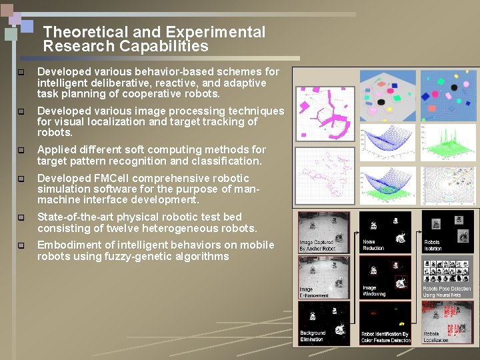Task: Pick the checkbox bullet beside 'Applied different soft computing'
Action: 21,151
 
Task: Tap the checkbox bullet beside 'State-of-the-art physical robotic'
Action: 21,218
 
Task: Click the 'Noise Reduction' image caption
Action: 373,245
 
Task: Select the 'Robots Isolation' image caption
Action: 433,245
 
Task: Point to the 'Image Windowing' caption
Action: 374,291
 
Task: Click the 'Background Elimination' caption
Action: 313,336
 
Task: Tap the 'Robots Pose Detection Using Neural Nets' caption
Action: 447,291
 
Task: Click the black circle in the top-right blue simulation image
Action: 454,87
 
